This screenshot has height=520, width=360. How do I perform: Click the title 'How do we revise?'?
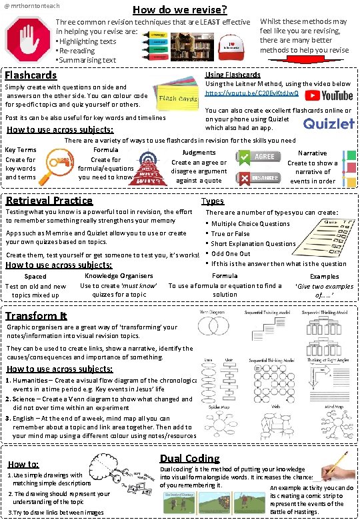coord(179,9)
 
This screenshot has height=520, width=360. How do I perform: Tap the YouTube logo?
coord(329,96)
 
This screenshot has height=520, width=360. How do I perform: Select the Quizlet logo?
coord(329,123)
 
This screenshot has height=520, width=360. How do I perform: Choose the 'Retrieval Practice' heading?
coord(49,200)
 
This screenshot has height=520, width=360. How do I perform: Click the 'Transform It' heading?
coord(36,315)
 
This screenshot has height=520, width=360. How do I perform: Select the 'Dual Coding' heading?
coord(189,458)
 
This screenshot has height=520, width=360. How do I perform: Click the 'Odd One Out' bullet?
coord(231,253)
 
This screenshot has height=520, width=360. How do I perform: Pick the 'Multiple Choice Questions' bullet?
coord(250,224)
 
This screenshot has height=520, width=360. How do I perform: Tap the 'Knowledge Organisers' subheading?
coord(119,276)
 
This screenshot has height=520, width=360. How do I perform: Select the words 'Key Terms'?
coord(21,150)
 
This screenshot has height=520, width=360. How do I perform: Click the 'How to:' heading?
coord(23,464)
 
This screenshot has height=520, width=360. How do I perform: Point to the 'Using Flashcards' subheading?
coord(233,75)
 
